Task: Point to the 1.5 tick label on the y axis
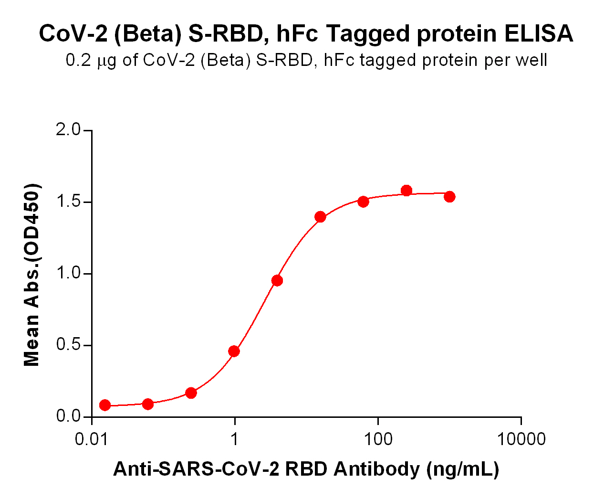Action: pos(69,202)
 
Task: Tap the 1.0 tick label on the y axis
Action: pos(69,273)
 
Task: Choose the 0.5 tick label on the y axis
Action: pos(69,345)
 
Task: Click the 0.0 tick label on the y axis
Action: pos(69,416)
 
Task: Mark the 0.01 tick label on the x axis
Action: pos(91,439)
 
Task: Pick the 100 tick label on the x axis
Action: pos(378,439)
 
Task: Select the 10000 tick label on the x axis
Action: pos(521,439)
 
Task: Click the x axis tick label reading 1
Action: pos(234,439)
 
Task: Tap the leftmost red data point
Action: pos(105,405)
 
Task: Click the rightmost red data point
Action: pos(449,196)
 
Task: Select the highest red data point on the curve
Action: pos(406,191)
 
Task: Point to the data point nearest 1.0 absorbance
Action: pos(277,280)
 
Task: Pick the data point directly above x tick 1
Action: pos(234,351)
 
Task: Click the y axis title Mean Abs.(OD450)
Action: pos(32,275)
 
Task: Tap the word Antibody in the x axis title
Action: pos(376,469)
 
